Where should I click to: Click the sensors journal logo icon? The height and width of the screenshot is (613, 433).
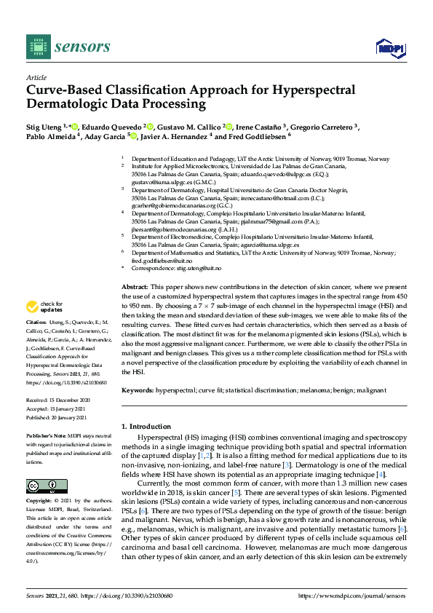tap(36, 47)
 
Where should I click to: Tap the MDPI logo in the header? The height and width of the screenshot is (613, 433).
tap(390, 48)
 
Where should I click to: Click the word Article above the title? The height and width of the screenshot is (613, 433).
tap(36, 77)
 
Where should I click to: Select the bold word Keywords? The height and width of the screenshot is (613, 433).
tap(138, 390)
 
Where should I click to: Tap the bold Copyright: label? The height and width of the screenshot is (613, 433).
tap(40, 502)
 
